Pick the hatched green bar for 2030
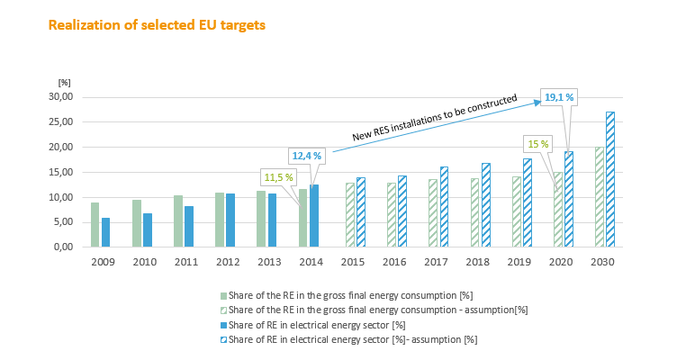coord(600,197)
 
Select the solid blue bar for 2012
coord(230,220)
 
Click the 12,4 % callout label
coord(306,156)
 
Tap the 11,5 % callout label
coord(279,176)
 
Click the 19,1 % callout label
coord(560,97)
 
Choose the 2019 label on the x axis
coord(521,261)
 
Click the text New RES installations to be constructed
coord(435,117)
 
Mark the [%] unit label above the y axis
coord(64,83)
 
